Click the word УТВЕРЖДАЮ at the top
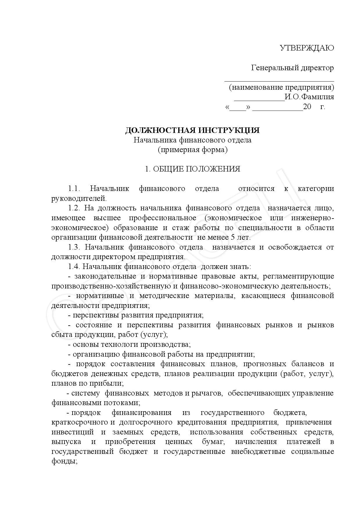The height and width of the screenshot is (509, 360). pos(307,48)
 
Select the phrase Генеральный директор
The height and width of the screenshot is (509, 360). pos(292,68)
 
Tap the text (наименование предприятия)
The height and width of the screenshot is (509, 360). pos(281,87)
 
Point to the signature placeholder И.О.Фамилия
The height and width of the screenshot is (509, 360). pos(309,97)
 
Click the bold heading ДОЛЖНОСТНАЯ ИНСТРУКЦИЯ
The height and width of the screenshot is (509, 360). pos(192,130)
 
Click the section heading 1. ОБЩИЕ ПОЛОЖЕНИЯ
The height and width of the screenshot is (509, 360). pos(193,169)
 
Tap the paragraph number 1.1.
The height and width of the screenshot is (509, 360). pos(74,189)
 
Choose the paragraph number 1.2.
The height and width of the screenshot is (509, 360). pos(74,208)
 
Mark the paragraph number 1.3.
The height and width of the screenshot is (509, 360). pos(74,247)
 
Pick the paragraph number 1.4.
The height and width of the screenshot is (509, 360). pos(74,267)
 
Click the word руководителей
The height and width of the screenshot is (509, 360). pos(79,198)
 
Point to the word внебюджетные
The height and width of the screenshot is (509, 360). pos(258,452)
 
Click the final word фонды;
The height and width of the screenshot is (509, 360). pos(64,461)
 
